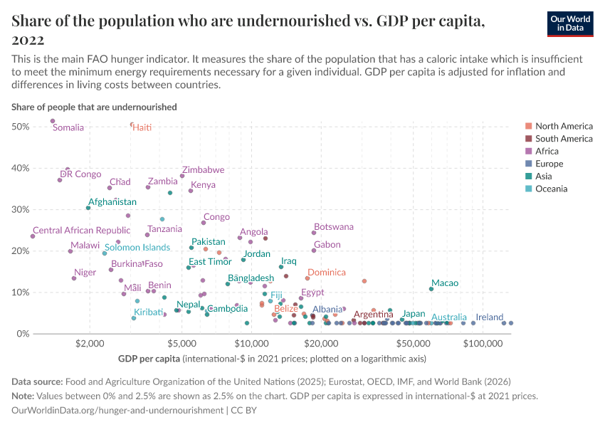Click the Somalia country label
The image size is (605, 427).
(68, 128)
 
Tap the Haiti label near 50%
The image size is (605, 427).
(142, 127)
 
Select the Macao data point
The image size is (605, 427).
(431, 289)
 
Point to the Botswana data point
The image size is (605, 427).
(314, 233)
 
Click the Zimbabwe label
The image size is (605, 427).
(203, 170)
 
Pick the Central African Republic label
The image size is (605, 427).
(82, 231)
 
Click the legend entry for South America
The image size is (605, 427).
(564, 139)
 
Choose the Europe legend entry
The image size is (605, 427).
(550, 164)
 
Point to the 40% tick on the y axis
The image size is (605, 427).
(21, 168)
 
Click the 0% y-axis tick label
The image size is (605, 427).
(23, 334)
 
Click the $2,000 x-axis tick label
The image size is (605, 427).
(90, 345)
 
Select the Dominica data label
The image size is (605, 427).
(327, 273)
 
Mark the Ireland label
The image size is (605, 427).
(490, 317)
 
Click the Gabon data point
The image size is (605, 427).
(314, 251)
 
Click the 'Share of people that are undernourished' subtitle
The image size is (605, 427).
(94, 107)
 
